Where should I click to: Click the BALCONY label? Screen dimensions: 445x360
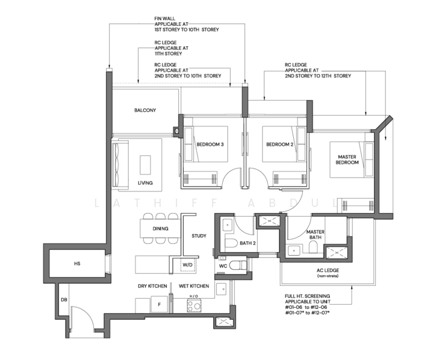[145, 110]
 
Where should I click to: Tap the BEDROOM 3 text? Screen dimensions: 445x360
[210, 144]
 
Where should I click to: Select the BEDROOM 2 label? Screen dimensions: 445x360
[279, 144]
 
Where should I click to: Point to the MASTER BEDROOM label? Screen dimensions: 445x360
[347, 160]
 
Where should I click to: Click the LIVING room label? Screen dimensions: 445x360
[145, 183]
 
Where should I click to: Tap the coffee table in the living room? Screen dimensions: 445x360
[145, 165]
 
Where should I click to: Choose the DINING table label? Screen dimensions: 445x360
[160, 229]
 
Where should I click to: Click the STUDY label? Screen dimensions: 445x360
[199, 236]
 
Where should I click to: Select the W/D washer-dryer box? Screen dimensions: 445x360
[187, 265]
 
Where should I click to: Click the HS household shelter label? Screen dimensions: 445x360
[77, 263]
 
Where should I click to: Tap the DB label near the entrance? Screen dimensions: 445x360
[64, 299]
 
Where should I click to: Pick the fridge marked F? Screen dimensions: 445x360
[159, 304]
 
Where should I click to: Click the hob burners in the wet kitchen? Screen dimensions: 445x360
[194, 306]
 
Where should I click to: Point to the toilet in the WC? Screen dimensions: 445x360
[238, 266]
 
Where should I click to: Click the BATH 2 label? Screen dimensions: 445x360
[248, 243]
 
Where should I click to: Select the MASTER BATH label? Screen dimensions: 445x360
[315, 235]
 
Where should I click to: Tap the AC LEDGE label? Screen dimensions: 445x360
[328, 271]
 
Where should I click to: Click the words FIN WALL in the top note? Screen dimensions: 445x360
[165, 19]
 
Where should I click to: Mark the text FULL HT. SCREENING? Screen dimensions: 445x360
[307, 296]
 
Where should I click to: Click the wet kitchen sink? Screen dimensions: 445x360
[221, 289]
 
